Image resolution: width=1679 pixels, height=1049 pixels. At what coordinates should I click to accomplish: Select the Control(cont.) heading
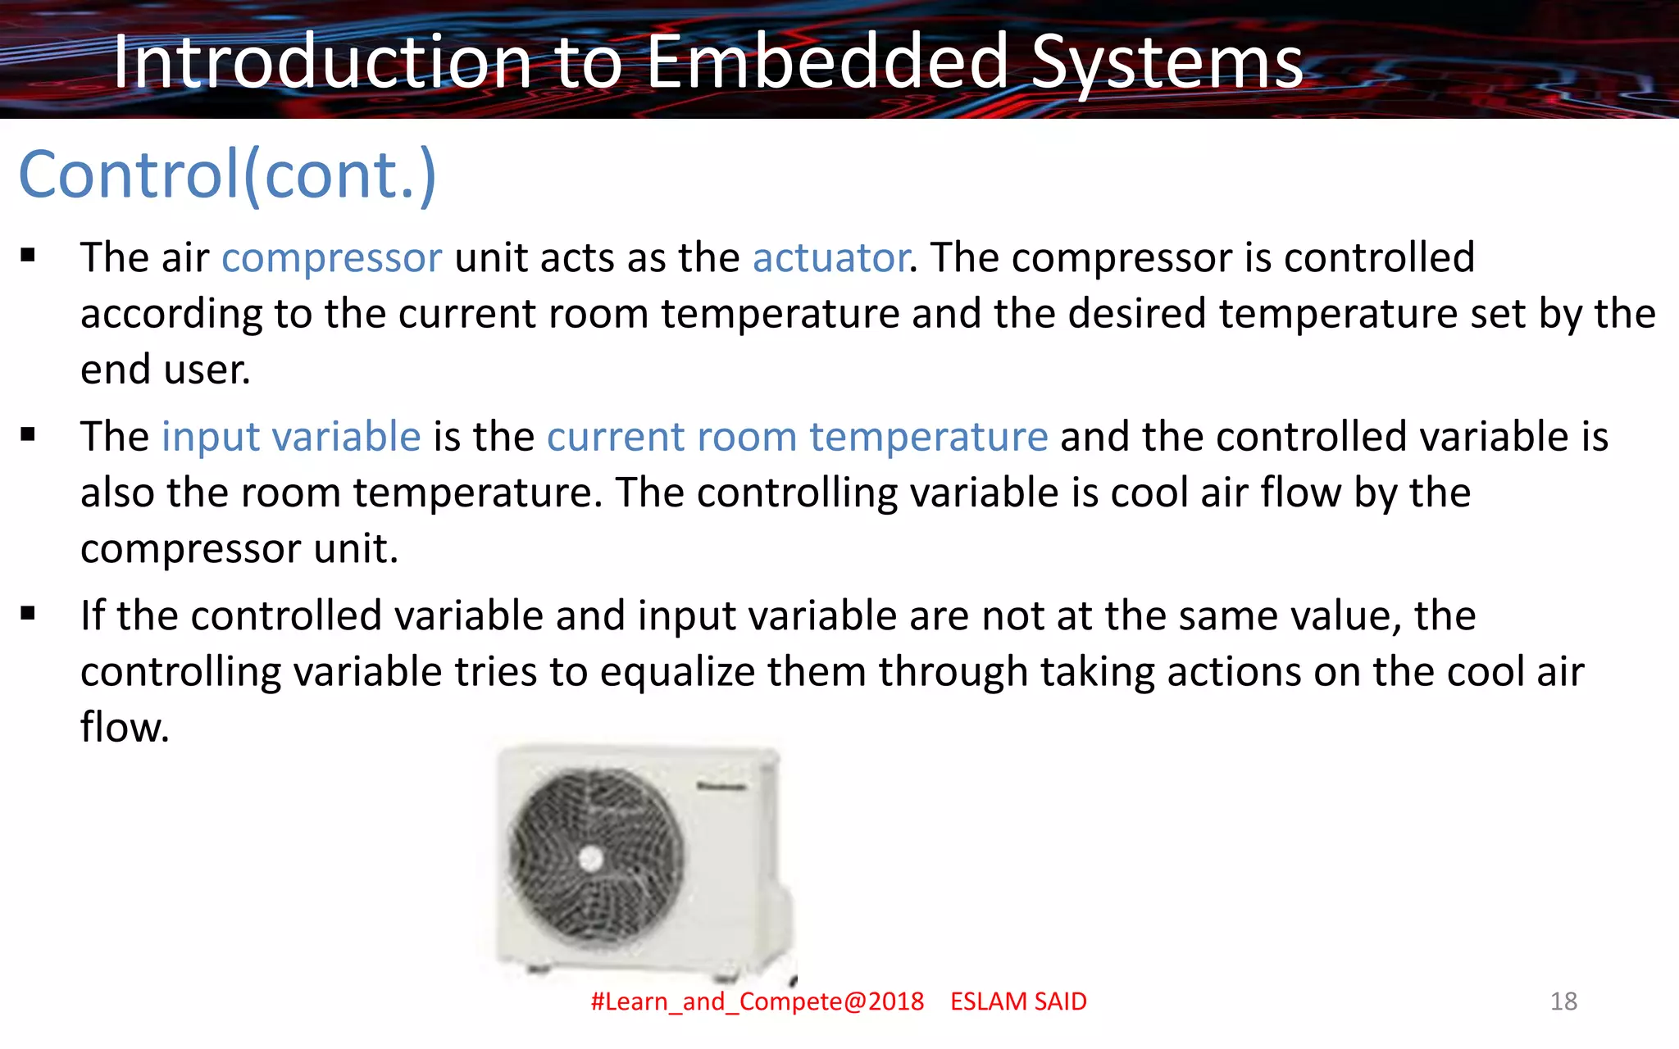[x=227, y=175]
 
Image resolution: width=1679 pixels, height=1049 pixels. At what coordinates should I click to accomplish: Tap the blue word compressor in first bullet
[x=331, y=258]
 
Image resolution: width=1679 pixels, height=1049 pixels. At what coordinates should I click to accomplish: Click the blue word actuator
[x=830, y=258]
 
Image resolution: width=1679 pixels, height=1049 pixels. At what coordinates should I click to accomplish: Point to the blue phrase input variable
[x=291, y=436]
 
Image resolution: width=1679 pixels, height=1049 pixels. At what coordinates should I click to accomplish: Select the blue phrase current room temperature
[x=797, y=436]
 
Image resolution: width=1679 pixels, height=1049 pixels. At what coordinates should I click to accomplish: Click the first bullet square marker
[x=29, y=256]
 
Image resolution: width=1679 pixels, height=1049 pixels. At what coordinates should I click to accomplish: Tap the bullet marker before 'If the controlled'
[x=29, y=613]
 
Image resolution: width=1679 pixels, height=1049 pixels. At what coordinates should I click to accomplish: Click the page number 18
[x=1563, y=1001]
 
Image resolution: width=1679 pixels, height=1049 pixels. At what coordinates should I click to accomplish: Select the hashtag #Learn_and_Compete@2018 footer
[x=757, y=1001]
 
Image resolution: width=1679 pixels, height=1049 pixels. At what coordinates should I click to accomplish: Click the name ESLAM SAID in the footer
[x=1018, y=1001]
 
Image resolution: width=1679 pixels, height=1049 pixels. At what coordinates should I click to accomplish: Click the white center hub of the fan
[x=591, y=859]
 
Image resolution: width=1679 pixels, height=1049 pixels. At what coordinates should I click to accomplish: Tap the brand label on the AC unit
[x=721, y=787]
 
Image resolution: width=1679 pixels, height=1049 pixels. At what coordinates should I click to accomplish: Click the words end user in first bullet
[x=165, y=370]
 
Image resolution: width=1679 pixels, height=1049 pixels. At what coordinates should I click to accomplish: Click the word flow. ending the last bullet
[x=125, y=727]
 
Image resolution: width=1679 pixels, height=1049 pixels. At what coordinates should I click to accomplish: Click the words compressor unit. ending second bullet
[x=239, y=548]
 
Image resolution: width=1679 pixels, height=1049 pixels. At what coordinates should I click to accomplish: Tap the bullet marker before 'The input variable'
[x=29, y=434]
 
